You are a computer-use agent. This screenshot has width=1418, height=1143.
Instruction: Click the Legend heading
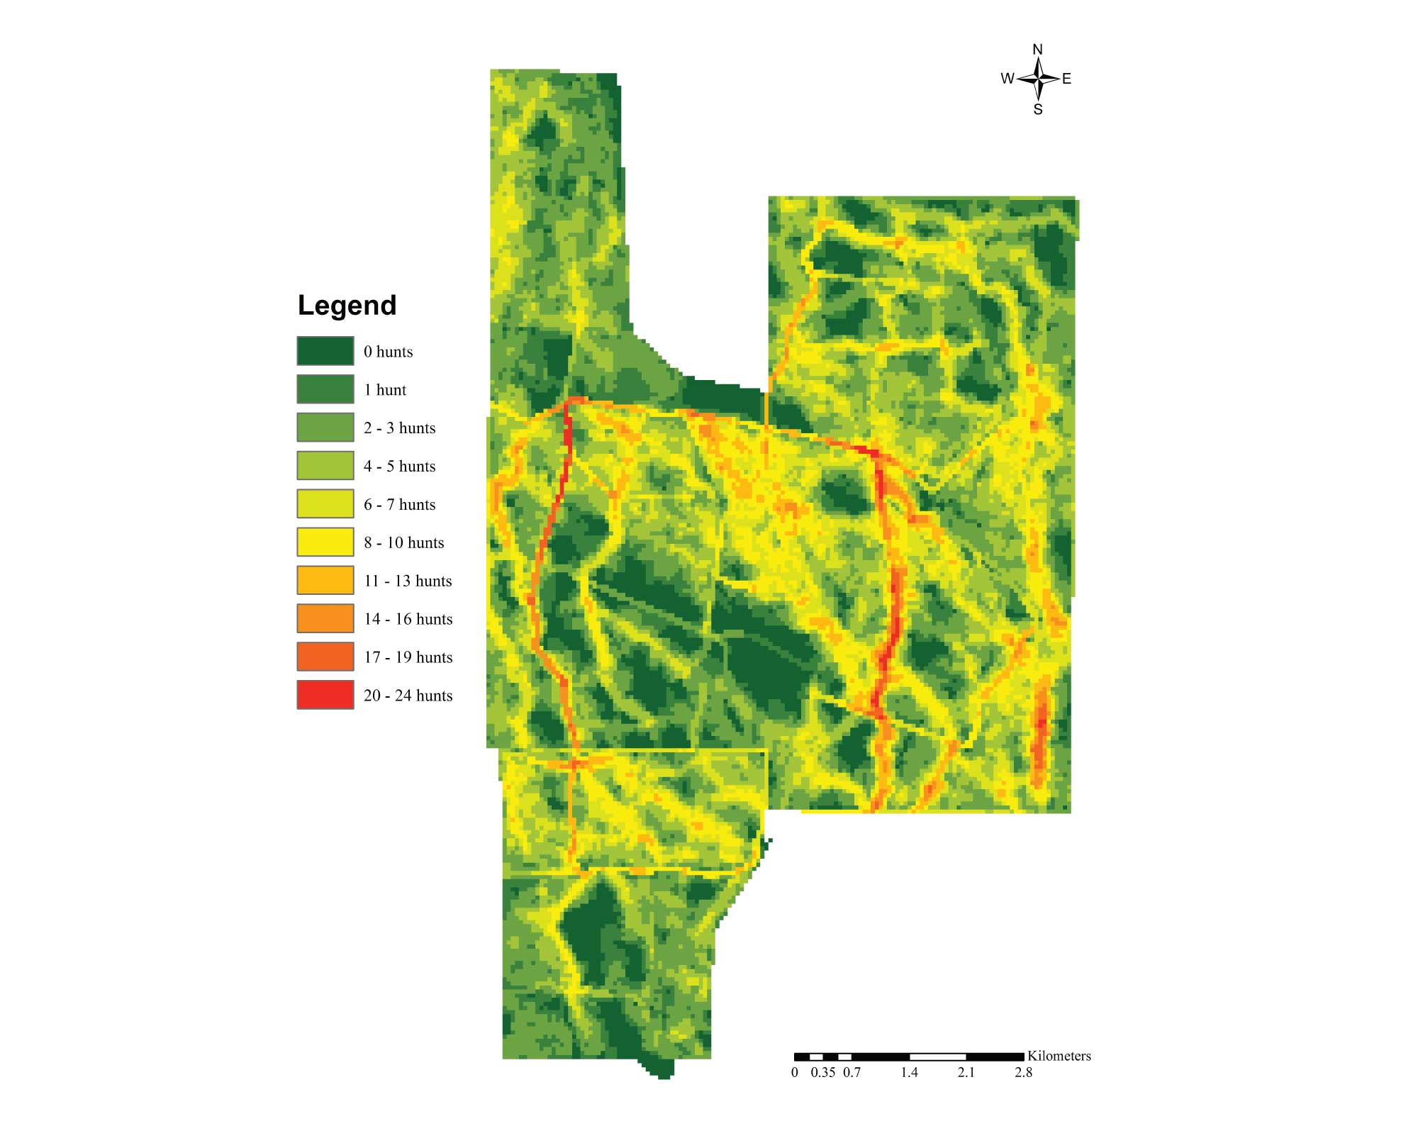(x=347, y=306)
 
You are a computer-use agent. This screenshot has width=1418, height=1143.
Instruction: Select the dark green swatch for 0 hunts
(x=325, y=351)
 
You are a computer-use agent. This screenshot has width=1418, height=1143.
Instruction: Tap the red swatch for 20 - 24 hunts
(x=325, y=695)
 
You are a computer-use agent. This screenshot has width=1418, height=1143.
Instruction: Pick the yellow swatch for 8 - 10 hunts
(x=325, y=542)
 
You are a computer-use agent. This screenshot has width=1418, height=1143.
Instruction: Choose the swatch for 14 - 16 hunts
(x=325, y=618)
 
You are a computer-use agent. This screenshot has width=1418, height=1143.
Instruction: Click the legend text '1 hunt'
(x=385, y=390)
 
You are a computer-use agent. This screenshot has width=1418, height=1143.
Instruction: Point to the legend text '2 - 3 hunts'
(x=399, y=428)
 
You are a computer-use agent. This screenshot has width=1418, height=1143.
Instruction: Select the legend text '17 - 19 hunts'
(x=408, y=657)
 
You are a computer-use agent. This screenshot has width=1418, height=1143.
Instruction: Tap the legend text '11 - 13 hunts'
(x=408, y=581)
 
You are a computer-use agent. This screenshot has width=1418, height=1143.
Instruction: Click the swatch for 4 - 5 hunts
(x=325, y=466)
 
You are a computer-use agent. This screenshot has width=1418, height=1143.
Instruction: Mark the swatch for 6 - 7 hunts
(x=325, y=504)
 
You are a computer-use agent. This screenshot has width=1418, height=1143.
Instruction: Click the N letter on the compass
(x=1037, y=50)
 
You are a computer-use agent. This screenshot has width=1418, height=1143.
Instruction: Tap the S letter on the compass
(x=1038, y=110)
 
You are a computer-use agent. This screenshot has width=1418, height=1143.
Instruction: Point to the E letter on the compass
(x=1066, y=79)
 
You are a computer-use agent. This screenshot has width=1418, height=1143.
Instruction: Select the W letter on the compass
(x=1007, y=79)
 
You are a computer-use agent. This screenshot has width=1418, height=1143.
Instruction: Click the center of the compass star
(x=1038, y=79)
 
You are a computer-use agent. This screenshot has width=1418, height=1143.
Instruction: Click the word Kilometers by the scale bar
(x=1059, y=1056)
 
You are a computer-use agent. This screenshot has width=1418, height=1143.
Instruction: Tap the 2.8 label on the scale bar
(x=1023, y=1072)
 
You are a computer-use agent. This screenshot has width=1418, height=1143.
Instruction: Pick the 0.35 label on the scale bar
(x=822, y=1072)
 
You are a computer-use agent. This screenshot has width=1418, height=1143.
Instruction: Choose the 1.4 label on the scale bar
(x=909, y=1072)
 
